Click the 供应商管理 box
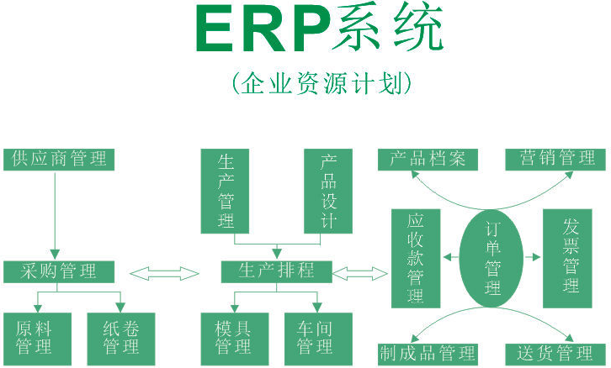(59, 158)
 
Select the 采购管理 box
(58, 271)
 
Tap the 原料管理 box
(35, 337)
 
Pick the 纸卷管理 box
(120, 337)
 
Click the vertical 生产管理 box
(226, 191)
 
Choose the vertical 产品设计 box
(327, 191)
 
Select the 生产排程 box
(277, 271)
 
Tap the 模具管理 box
(234, 337)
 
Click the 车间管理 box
(315, 337)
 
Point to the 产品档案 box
(427, 158)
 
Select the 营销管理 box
(555, 158)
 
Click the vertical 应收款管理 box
(415, 258)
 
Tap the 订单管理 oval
(492, 258)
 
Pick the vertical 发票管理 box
(571, 258)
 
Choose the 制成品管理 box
(427, 353)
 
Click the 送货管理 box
(555, 353)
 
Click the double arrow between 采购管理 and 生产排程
(164, 271)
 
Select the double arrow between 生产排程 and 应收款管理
(361, 271)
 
